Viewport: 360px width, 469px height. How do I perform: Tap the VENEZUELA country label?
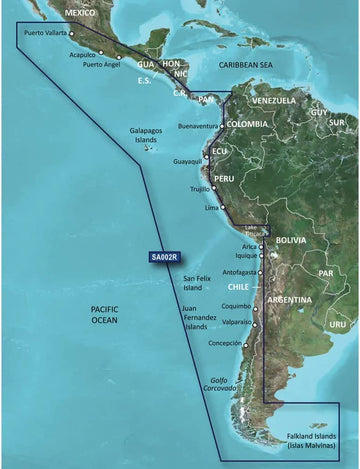click(273, 101)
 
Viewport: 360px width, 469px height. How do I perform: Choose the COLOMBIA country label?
click(248, 123)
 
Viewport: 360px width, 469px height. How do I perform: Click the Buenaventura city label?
click(197, 127)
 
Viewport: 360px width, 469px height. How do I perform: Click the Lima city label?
click(210, 207)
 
